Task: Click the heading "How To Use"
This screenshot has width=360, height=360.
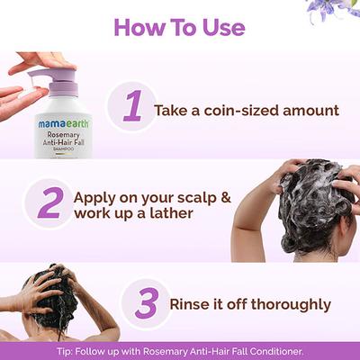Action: (179, 27)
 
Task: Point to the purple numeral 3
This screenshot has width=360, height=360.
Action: (146, 303)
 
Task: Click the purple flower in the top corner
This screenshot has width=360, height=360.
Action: (339, 9)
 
